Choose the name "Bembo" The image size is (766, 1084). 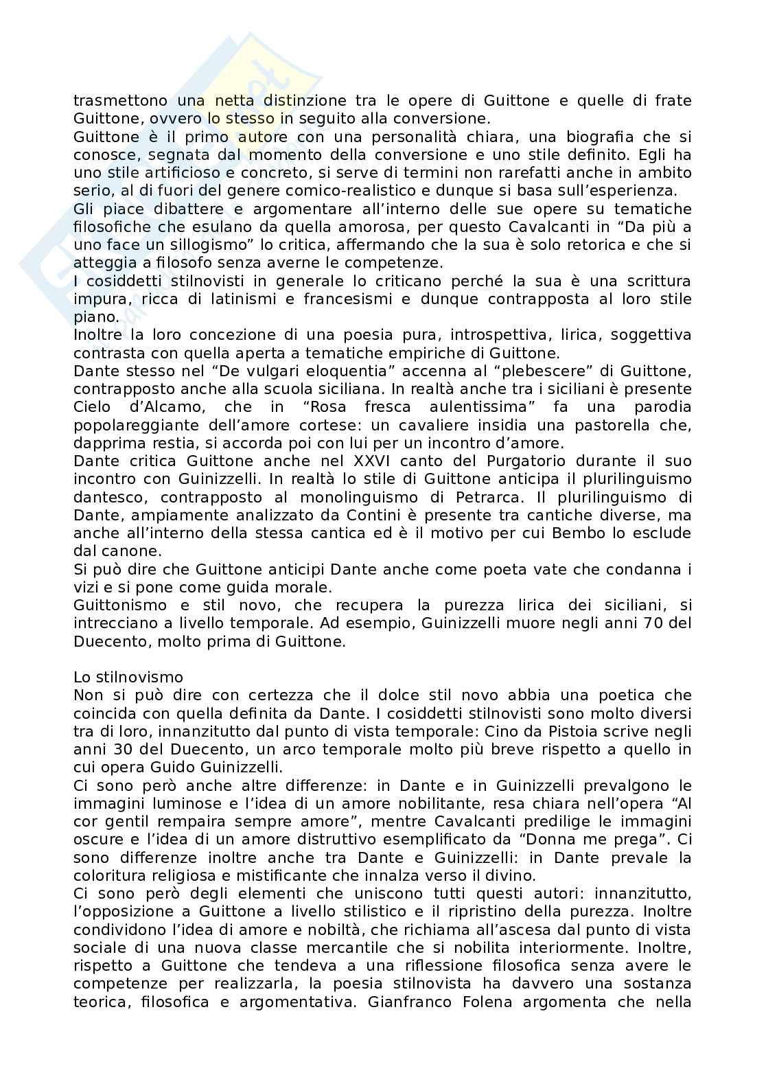(565, 533)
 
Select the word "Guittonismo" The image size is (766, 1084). (120, 605)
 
